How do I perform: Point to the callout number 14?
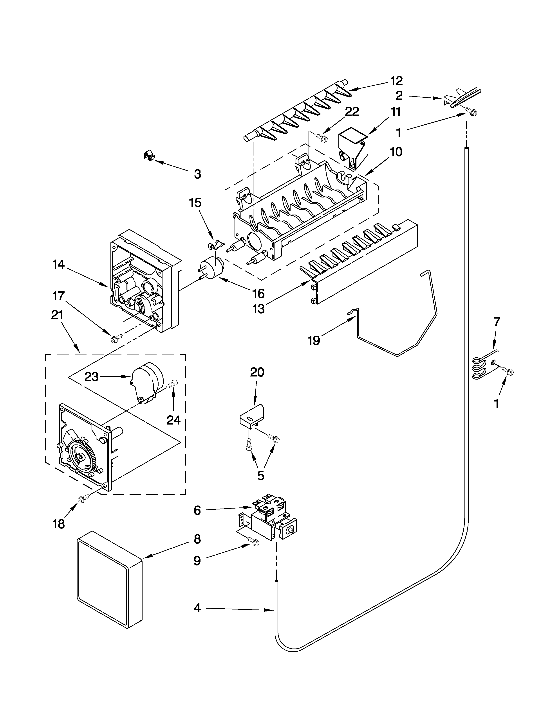tap(58, 265)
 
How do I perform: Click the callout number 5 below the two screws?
tap(261, 475)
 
